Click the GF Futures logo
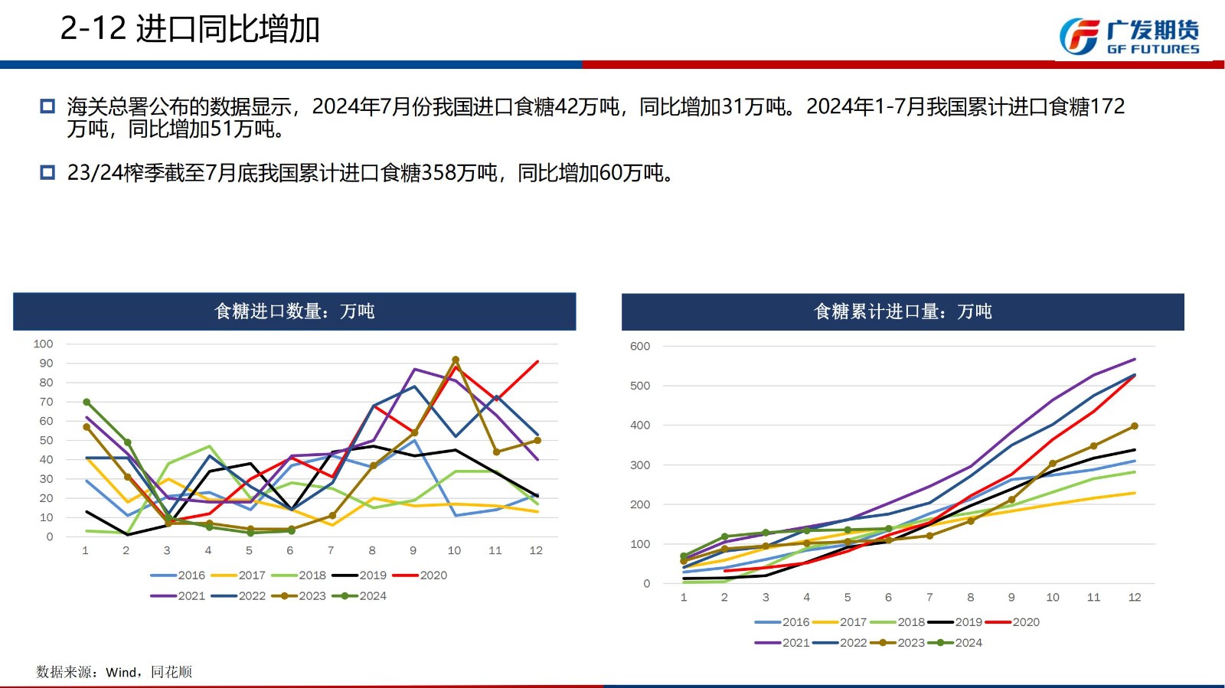click(x=1129, y=37)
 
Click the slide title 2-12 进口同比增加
click(x=189, y=29)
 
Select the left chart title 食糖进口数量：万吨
click(x=295, y=311)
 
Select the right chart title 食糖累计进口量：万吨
click(x=903, y=311)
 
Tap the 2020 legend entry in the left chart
click(x=420, y=576)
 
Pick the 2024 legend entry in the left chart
click(x=359, y=596)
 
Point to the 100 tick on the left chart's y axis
click(x=44, y=344)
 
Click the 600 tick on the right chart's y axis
click(x=640, y=346)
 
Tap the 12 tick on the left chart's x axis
click(x=536, y=550)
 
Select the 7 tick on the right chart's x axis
click(x=929, y=597)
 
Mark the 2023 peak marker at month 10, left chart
click(x=456, y=360)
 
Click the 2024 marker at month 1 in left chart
click(x=87, y=402)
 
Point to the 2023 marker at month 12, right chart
click(x=1135, y=426)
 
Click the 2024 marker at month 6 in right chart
click(x=889, y=529)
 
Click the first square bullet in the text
click(x=47, y=106)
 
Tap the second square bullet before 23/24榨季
click(x=47, y=173)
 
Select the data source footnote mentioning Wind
click(x=114, y=672)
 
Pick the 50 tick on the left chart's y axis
click(x=47, y=440)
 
